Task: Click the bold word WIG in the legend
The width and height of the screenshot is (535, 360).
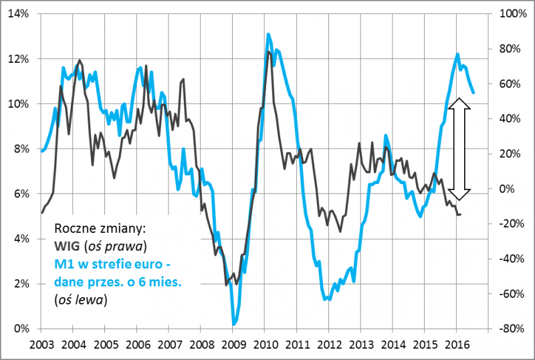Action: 66,241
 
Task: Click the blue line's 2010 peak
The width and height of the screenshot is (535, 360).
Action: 268,34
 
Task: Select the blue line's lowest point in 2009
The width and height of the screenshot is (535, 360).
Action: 234,325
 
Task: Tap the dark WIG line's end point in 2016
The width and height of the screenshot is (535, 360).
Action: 460,214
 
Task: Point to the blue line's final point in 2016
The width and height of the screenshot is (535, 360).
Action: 473,93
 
